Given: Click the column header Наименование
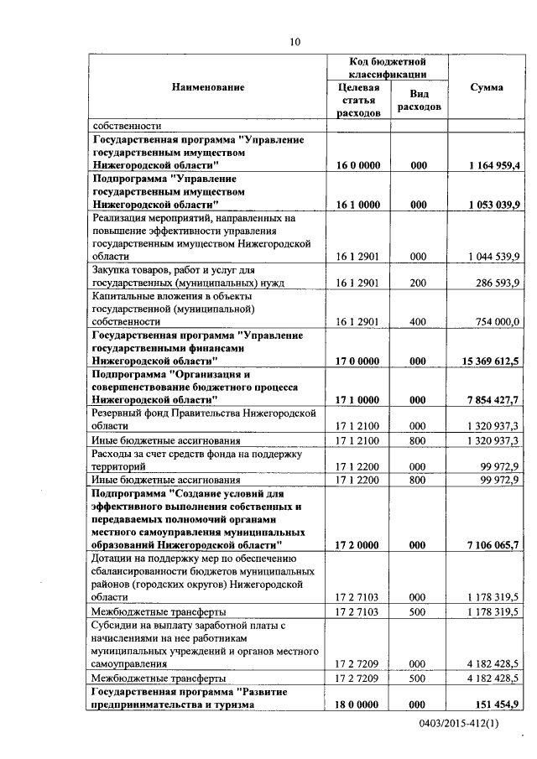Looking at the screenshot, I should click(x=208, y=87).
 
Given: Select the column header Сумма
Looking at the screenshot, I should click(x=487, y=87).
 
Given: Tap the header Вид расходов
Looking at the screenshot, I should click(x=419, y=101).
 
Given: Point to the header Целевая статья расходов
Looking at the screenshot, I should click(x=358, y=100).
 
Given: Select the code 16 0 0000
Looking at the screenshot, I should click(x=358, y=166).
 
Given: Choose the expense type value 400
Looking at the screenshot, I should click(x=419, y=321).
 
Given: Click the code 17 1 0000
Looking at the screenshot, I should click(x=358, y=400).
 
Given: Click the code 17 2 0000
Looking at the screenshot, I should click(x=358, y=545).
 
